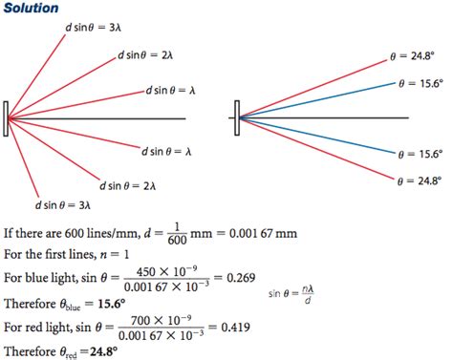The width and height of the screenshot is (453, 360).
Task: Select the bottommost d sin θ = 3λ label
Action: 63,204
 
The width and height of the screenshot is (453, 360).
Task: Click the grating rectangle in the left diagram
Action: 7,118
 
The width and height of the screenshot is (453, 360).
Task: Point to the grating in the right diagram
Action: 235,117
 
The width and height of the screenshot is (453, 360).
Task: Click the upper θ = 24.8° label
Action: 416,57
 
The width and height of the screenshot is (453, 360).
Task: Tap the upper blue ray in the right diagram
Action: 315,100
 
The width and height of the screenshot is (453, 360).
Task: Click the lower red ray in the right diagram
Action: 315,149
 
